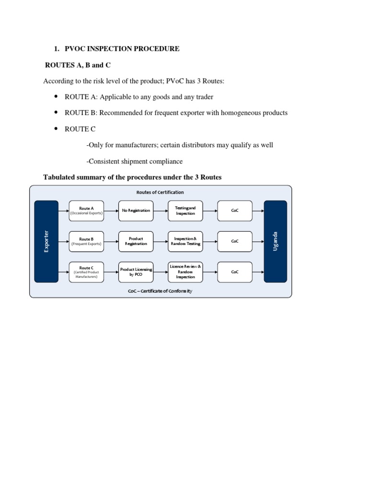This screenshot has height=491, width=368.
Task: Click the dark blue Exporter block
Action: (x=46, y=241)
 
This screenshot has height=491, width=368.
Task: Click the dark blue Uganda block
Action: (x=276, y=241)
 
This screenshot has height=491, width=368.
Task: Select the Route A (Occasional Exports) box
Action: (x=86, y=210)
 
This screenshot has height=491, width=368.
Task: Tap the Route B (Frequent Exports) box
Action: (x=86, y=241)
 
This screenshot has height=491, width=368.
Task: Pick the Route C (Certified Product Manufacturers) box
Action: (x=86, y=271)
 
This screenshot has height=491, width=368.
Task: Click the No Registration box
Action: (x=136, y=210)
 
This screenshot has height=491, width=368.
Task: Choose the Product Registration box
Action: (x=136, y=241)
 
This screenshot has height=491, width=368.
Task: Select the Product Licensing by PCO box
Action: (x=136, y=271)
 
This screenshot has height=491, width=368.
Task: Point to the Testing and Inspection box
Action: (x=185, y=210)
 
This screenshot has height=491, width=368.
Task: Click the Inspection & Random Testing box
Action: (x=185, y=241)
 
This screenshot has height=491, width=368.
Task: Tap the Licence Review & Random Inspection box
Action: (x=185, y=271)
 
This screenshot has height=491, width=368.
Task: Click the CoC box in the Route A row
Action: (x=235, y=210)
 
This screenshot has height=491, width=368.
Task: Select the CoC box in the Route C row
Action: (x=235, y=271)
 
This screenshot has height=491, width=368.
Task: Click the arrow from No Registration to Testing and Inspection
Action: (x=160, y=210)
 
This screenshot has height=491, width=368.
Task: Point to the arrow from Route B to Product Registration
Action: (x=111, y=241)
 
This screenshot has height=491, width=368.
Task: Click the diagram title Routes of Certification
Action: (x=160, y=192)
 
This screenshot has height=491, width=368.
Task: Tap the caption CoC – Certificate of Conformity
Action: (x=160, y=291)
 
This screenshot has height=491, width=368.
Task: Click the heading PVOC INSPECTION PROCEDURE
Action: (x=122, y=49)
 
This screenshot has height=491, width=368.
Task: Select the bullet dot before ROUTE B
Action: (x=56, y=113)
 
